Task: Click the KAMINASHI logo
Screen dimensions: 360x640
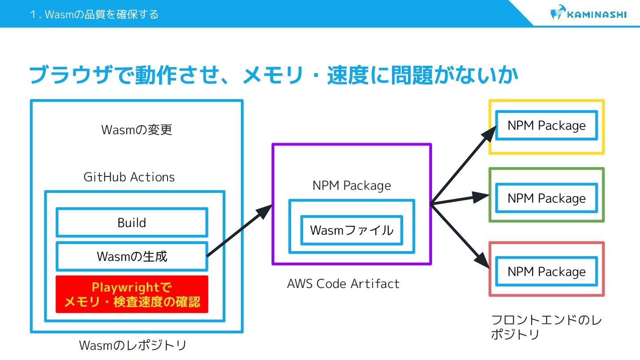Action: coord(588,14)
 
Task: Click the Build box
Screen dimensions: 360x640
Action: coord(132,222)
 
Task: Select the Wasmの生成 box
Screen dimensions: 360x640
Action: coord(132,256)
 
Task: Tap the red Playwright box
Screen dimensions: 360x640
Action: coord(132,294)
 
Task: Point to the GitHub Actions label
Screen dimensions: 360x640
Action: coord(129,177)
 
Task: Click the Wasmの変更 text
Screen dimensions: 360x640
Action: coord(136,130)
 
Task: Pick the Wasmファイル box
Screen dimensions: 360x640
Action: coord(352,230)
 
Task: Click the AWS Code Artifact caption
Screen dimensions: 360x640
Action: coord(343,284)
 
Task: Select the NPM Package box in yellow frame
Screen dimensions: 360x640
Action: coord(546,126)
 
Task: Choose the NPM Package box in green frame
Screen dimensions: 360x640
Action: coord(546,198)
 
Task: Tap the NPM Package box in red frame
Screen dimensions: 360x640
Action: coord(546,272)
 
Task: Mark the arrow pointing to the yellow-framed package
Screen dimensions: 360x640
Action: coord(462,164)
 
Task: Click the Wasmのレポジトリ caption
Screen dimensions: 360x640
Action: coord(132,345)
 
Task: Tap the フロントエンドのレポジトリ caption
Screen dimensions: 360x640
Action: coord(546,327)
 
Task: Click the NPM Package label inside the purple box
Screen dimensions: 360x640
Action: coord(352,185)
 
